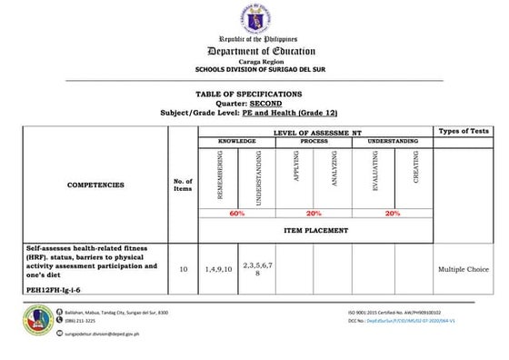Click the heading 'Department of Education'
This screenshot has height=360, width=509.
tap(254, 52)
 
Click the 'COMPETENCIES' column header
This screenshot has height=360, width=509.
tap(95, 185)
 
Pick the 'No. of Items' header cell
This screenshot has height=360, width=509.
tap(183, 185)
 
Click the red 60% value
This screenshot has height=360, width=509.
tap(238, 213)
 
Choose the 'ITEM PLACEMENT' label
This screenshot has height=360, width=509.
tap(315, 230)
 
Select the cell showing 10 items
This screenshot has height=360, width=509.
tap(183, 269)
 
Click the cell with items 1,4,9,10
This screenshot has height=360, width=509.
tap(218, 269)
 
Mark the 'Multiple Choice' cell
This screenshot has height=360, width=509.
tap(464, 269)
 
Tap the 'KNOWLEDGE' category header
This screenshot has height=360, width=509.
tap(236, 142)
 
